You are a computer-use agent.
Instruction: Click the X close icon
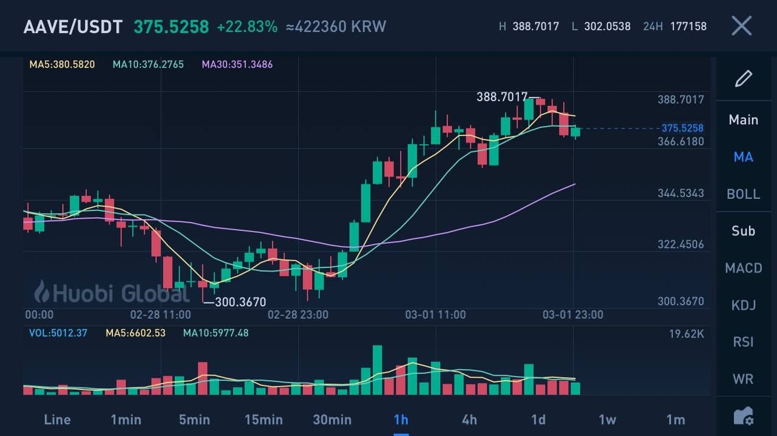[741, 26]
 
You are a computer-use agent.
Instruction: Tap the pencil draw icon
[744, 79]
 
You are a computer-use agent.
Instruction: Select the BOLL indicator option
[743, 194]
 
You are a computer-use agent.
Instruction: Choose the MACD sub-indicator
[743, 268]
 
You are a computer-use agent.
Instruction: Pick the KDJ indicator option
[743, 305]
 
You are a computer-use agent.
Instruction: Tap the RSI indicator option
[743, 342]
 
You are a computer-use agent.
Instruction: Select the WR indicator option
[743, 379]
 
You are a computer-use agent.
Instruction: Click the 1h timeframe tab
[401, 420]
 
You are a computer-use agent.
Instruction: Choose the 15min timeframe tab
[263, 420]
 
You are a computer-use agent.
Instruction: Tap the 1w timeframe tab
[607, 420]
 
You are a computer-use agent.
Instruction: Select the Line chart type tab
[57, 420]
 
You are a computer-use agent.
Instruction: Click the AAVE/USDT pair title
[73, 27]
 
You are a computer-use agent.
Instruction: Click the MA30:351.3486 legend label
[237, 64]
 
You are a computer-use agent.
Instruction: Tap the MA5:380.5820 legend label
[62, 64]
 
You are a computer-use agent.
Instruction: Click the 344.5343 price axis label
[680, 193]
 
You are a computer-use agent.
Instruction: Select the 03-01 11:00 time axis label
[435, 315]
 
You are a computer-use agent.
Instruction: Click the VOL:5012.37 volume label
[58, 333]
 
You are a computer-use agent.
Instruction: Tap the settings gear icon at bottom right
[744, 417]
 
